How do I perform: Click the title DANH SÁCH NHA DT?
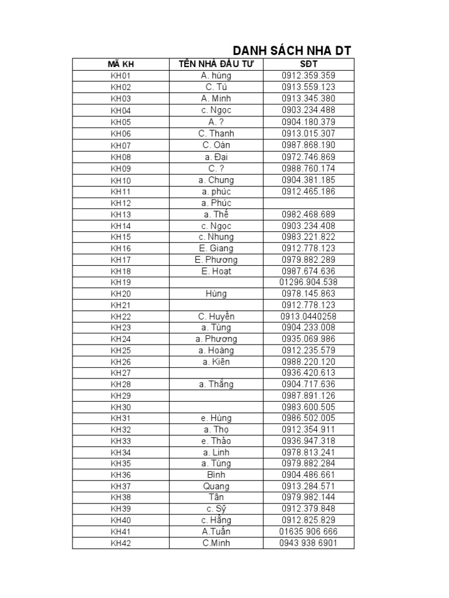tap(292, 51)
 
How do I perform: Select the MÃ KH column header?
tap(121, 64)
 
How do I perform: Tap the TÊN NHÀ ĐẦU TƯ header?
tap(216, 64)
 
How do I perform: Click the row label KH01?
tap(121, 76)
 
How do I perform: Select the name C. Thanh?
tap(216, 133)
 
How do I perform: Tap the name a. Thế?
tap(216, 214)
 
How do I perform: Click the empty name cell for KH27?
tap(216, 373)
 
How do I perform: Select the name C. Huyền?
tap(216, 317)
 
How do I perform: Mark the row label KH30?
tap(121, 407)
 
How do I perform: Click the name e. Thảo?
tap(216, 441)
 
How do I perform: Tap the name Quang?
tap(216, 486)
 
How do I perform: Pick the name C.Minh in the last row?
tap(216, 543)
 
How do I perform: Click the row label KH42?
tap(121, 543)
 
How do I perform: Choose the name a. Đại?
tap(216, 157)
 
